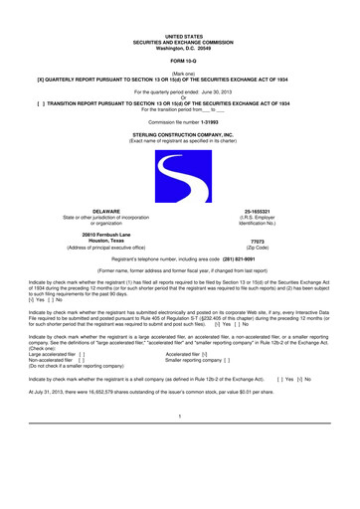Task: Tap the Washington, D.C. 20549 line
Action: pyautogui.click(x=180, y=45)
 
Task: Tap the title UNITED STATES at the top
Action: pyautogui.click(x=180, y=34)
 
